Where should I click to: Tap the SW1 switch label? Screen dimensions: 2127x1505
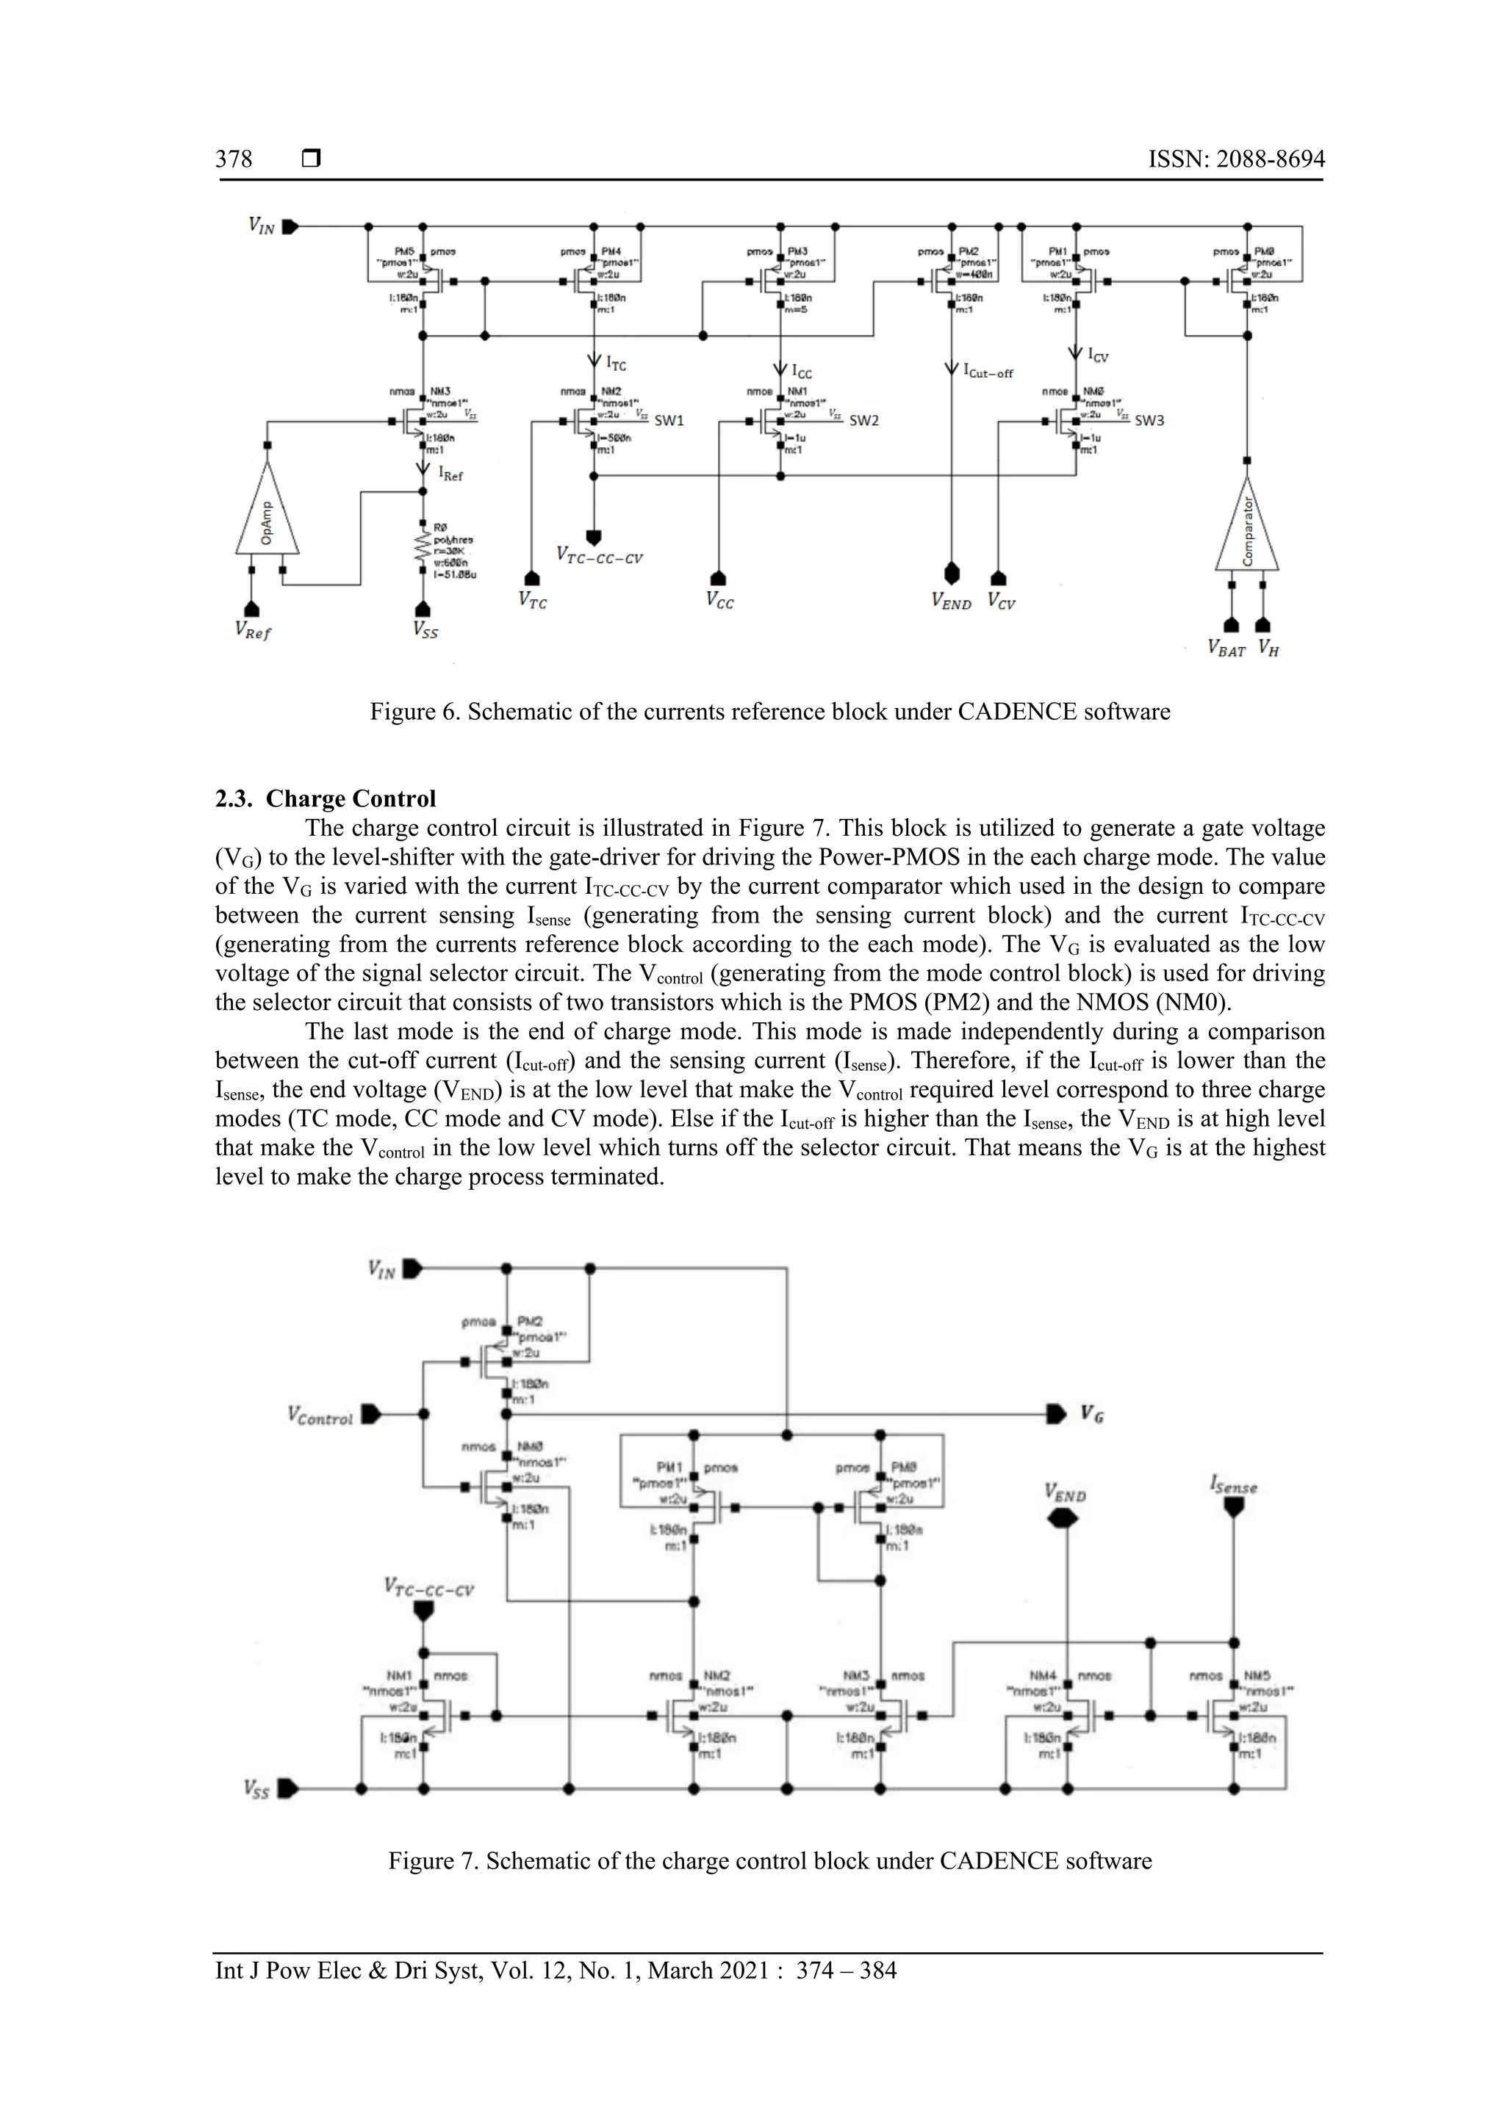pyautogui.click(x=669, y=421)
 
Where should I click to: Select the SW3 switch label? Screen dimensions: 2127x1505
pyautogui.click(x=1149, y=421)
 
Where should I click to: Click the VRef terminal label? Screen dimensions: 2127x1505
pyautogui.click(x=253, y=632)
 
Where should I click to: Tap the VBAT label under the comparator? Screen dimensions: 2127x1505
pyautogui.click(x=1226, y=649)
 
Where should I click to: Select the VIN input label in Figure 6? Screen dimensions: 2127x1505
pyautogui.click(x=262, y=225)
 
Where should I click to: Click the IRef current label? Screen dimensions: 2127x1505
pyautogui.click(x=451, y=474)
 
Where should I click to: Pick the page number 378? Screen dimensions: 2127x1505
pyautogui.click(x=234, y=159)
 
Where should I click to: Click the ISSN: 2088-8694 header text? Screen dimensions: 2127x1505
pyautogui.click(x=1236, y=159)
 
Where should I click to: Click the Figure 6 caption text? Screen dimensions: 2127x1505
pyautogui.click(x=769, y=712)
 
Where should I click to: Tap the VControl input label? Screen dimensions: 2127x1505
pyautogui.click(x=320, y=1417)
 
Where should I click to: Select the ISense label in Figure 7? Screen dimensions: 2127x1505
pyautogui.click(x=1234, y=1485)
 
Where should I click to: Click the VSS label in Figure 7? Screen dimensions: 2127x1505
pyautogui.click(x=256, y=1789)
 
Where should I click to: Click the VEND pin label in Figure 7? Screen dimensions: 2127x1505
pyautogui.click(x=1065, y=1492)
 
